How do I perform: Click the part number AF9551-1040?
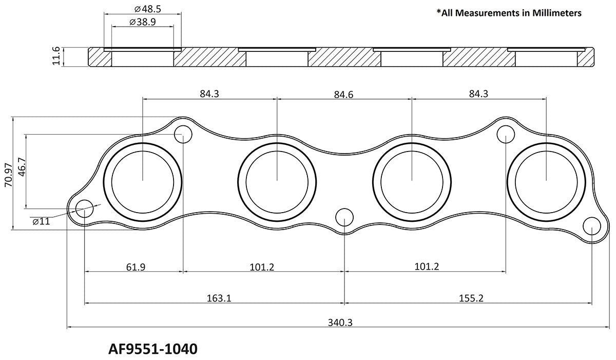tap(153, 349)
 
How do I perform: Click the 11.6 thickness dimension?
tap(57, 56)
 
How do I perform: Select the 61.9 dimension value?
tap(135, 267)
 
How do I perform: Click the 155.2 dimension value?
tap(469, 298)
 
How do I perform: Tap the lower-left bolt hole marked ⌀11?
tap(85, 209)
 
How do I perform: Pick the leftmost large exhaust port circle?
tap(142, 180)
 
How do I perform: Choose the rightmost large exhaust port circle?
tap(546, 180)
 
